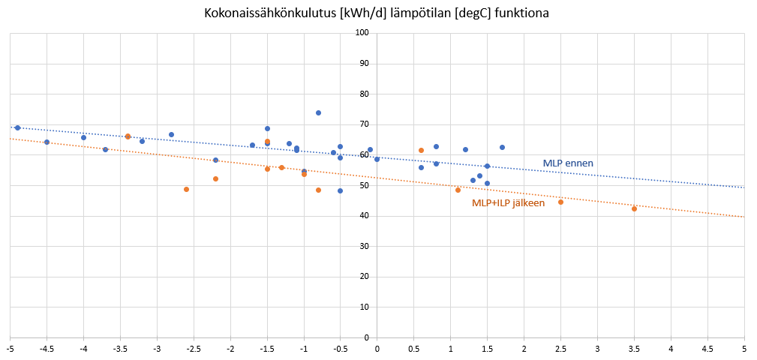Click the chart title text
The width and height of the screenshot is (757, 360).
coord(377,13)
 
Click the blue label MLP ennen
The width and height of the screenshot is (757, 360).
coord(568,163)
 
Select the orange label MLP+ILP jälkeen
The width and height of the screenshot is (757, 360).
coord(508,203)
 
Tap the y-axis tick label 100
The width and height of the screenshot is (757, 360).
coord(362,33)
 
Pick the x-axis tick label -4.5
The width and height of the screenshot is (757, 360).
coord(47,348)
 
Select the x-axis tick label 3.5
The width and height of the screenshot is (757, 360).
coord(634,348)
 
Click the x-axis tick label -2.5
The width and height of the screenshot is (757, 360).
coord(194,348)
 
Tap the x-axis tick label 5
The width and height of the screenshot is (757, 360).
coord(744,348)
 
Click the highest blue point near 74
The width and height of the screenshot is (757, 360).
coord(318,112)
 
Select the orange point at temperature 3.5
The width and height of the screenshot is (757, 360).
coord(634,208)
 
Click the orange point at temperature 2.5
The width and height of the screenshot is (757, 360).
coord(560,202)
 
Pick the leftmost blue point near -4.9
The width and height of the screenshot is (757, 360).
coord(17,127)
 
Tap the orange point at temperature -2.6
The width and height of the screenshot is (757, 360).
coord(186,189)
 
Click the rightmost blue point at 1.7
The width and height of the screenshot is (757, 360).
coord(502,147)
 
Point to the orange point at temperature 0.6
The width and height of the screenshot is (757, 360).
coord(421,150)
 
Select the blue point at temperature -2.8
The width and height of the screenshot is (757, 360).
coord(171,134)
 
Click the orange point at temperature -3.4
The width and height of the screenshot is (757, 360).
coord(128,136)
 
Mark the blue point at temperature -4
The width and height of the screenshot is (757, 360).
coord(83,137)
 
